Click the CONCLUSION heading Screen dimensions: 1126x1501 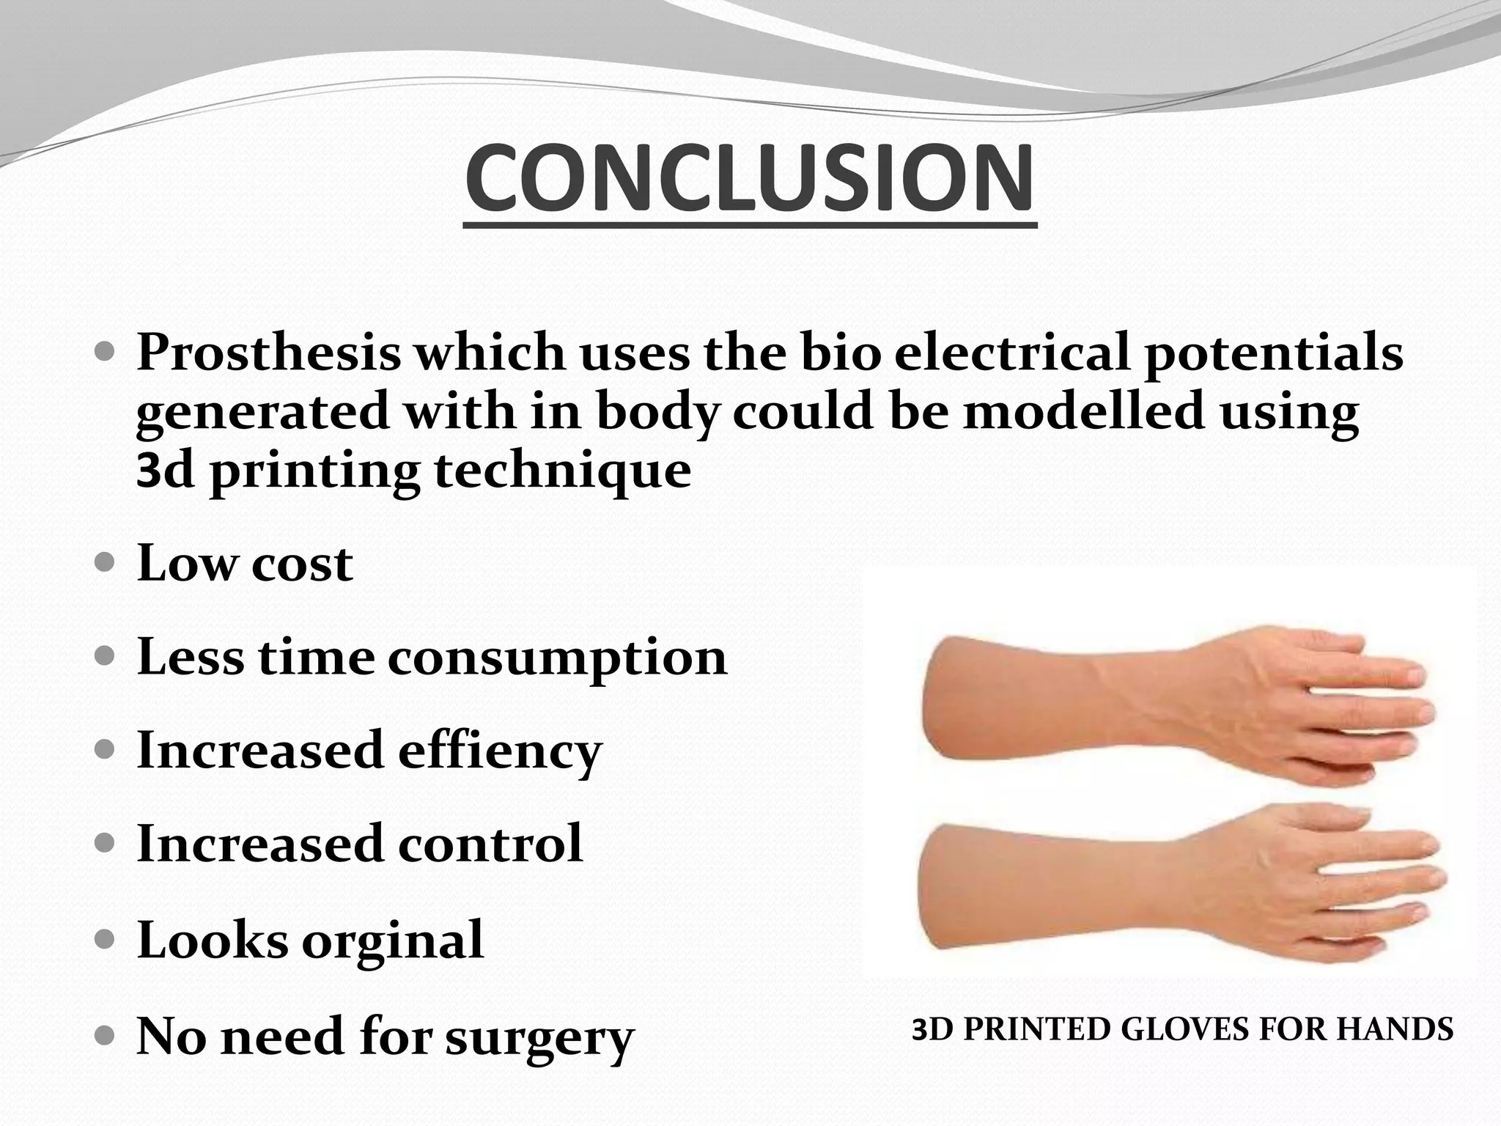point(750,180)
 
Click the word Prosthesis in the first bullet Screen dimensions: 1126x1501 point(268,353)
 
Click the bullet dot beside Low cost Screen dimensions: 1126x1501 point(106,563)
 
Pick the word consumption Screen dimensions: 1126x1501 point(557,658)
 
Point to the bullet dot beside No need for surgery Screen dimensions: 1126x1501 point(106,1036)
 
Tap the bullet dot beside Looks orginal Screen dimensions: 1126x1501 point(106,939)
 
